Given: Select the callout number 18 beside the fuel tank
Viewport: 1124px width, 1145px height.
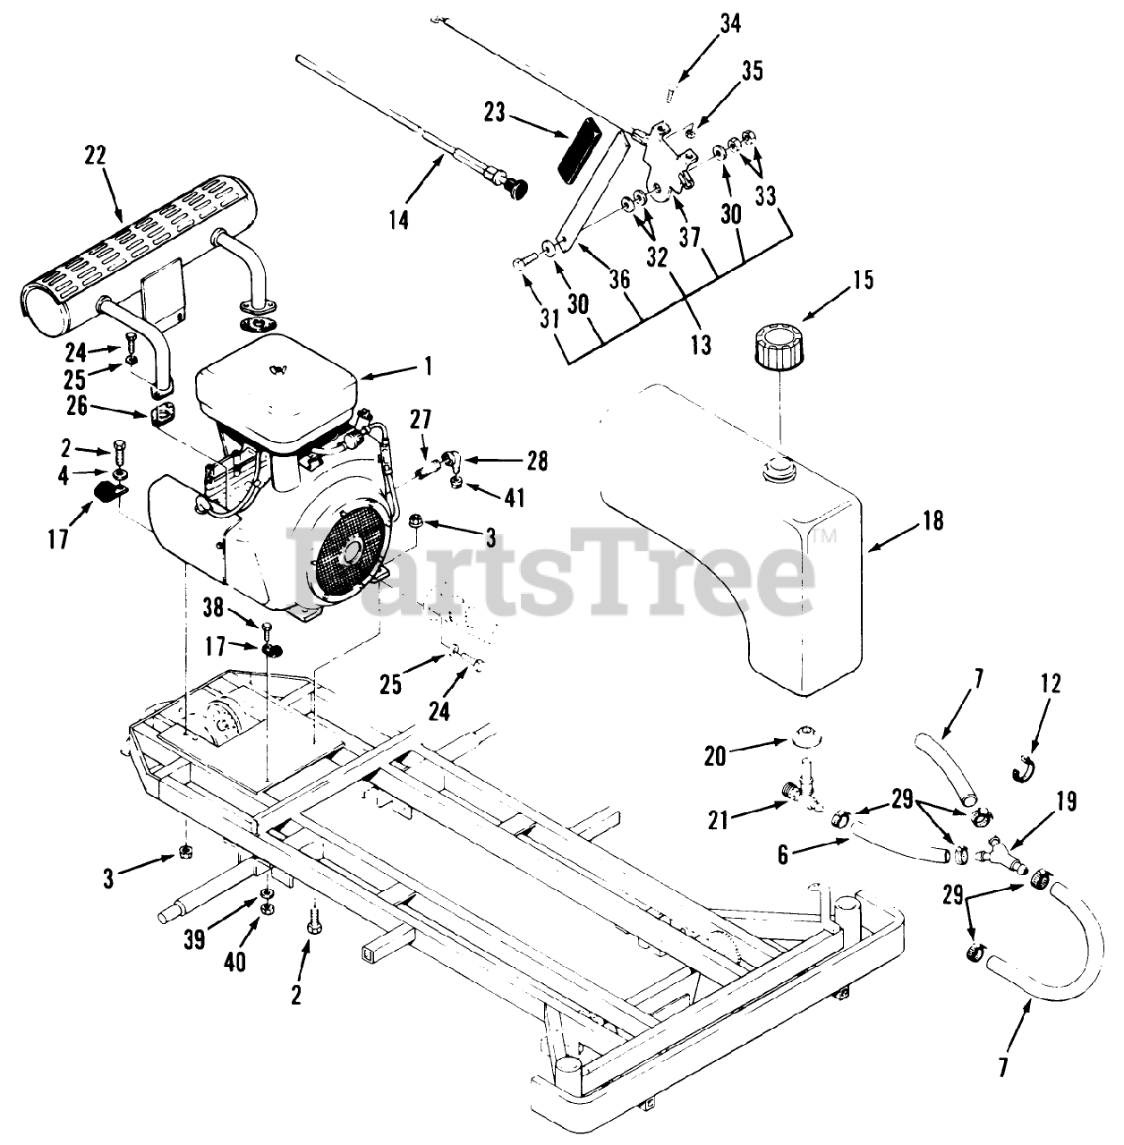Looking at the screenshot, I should tap(932, 520).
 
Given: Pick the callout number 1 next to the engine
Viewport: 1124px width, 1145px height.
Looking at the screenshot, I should tap(428, 365).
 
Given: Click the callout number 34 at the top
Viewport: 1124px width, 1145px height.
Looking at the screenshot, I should tap(729, 23).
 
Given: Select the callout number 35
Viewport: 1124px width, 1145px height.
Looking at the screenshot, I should tap(752, 72).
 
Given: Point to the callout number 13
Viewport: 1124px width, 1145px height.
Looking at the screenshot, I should tap(700, 344).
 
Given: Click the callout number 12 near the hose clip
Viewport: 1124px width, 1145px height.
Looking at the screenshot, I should tap(1051, 684).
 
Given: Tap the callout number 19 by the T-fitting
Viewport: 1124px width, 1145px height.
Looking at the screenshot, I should tap(1065, 801).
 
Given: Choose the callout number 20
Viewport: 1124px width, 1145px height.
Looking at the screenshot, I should tap(716, 756).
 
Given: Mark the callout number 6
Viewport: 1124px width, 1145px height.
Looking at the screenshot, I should tap(783, 854).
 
